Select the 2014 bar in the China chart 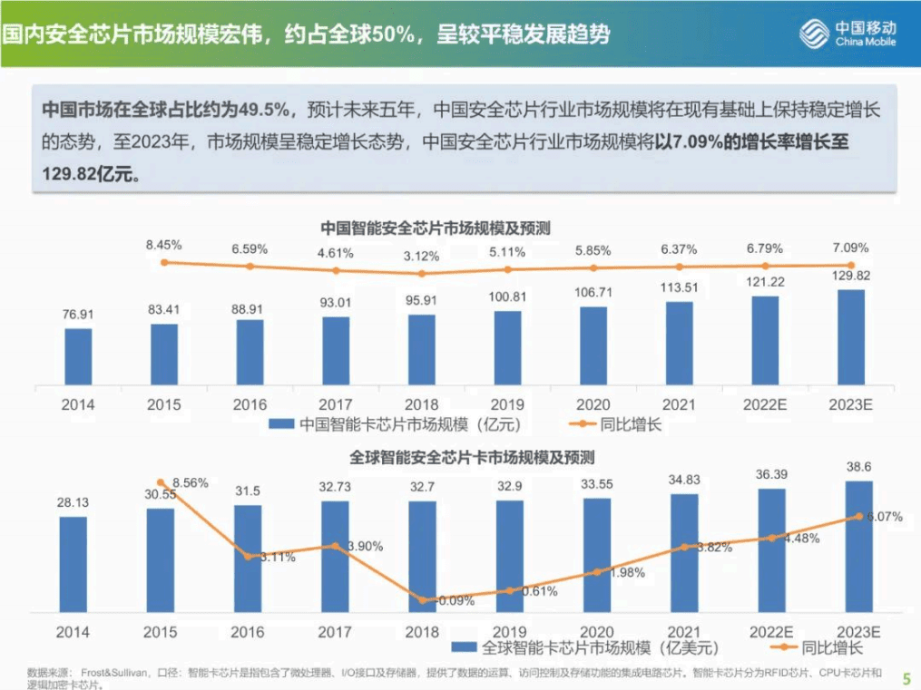pos(78,356)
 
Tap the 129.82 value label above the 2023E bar pos(850,276)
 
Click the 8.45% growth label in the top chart pos(164,245)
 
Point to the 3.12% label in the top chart pos(421,256)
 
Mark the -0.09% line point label pos(450,600)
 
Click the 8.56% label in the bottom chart pos(191,483)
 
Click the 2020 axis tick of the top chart pos(594,404)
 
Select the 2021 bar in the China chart pos(679,344)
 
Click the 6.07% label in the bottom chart pos(883,517)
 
